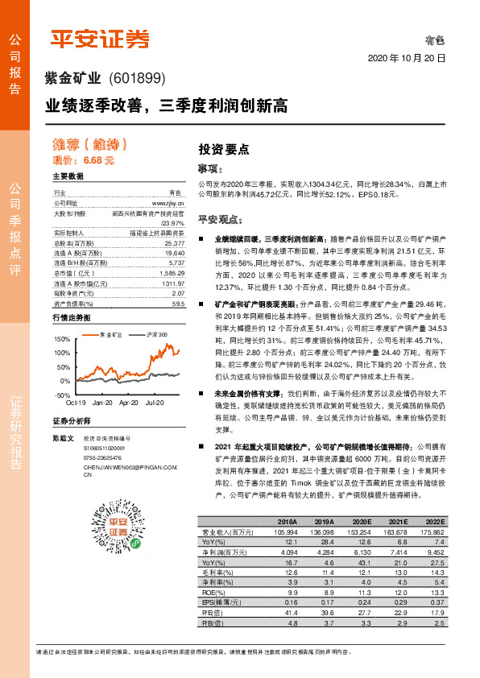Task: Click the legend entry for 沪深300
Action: point(156,333)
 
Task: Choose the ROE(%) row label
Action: point(213,593)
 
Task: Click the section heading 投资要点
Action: point(224,149)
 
